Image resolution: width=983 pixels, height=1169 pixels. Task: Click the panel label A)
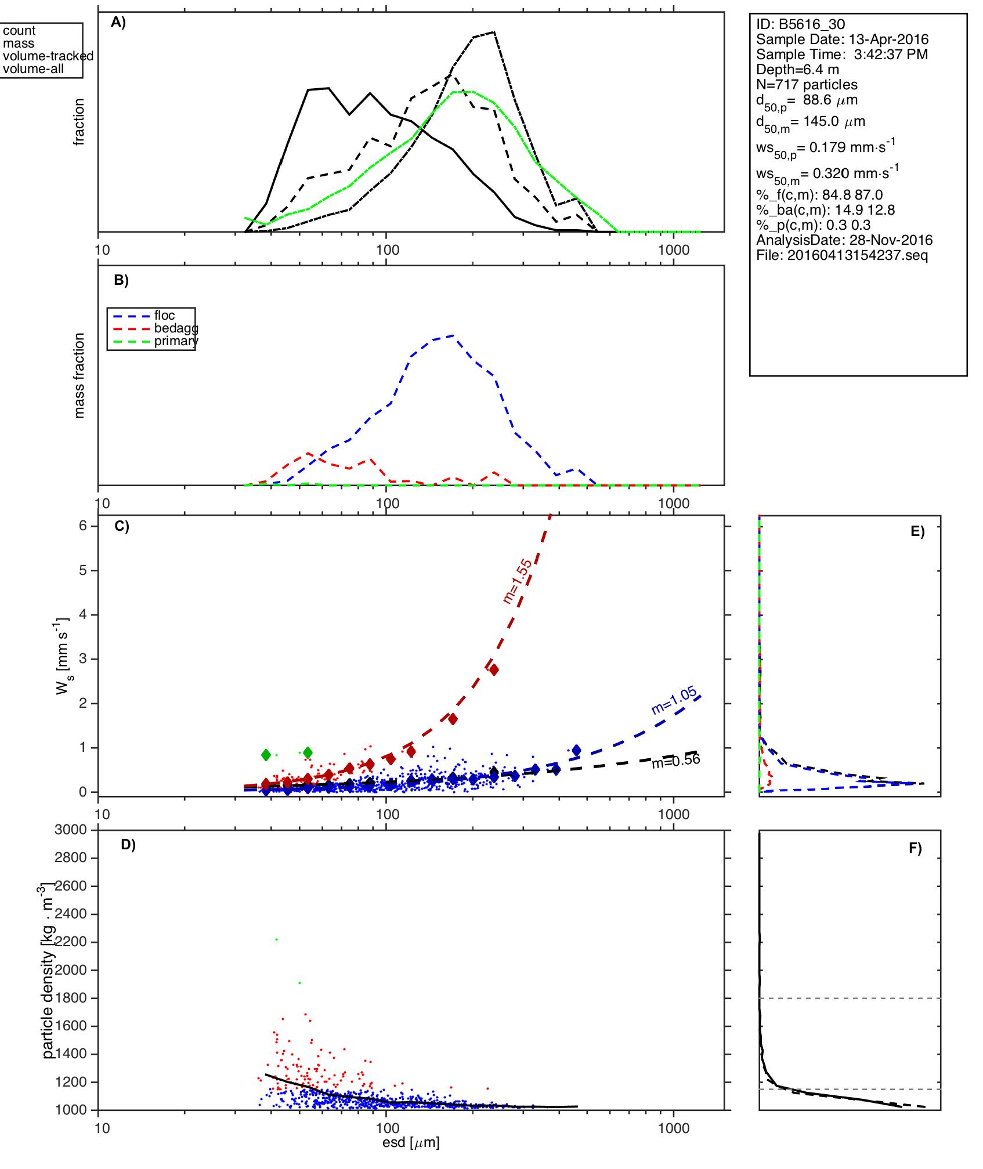tap(118, 23)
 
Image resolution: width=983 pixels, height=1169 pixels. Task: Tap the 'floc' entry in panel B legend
tap(164, 316)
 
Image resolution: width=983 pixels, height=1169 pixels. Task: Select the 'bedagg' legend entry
tap(176, 328)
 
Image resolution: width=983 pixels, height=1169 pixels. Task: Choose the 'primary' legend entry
tap(176, 341)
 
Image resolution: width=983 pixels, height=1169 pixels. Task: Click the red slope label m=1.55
tap(517, 581)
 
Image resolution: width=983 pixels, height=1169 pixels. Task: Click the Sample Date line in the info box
tap(842, 39)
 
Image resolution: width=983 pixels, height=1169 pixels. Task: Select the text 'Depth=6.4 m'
tap(797, 70)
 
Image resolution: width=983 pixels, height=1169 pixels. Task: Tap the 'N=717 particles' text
tap(807, 85)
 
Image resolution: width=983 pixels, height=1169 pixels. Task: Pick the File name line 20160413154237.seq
tap(842, 255)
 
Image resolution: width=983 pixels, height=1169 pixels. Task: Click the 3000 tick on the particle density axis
tap(70, 830)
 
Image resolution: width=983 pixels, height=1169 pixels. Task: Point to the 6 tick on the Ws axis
tap(83, 526)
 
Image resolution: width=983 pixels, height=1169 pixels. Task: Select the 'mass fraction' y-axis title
tap(79, 375)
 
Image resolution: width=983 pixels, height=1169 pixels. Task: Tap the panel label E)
tap(917, 531)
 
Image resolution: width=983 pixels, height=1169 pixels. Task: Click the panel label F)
tap(915, 848)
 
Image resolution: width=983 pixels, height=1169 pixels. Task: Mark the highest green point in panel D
tap(277, 939)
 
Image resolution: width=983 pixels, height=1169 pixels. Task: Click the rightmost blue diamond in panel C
tap(576, 751)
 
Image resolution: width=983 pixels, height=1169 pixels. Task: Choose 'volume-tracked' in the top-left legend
tap(48, 56)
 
